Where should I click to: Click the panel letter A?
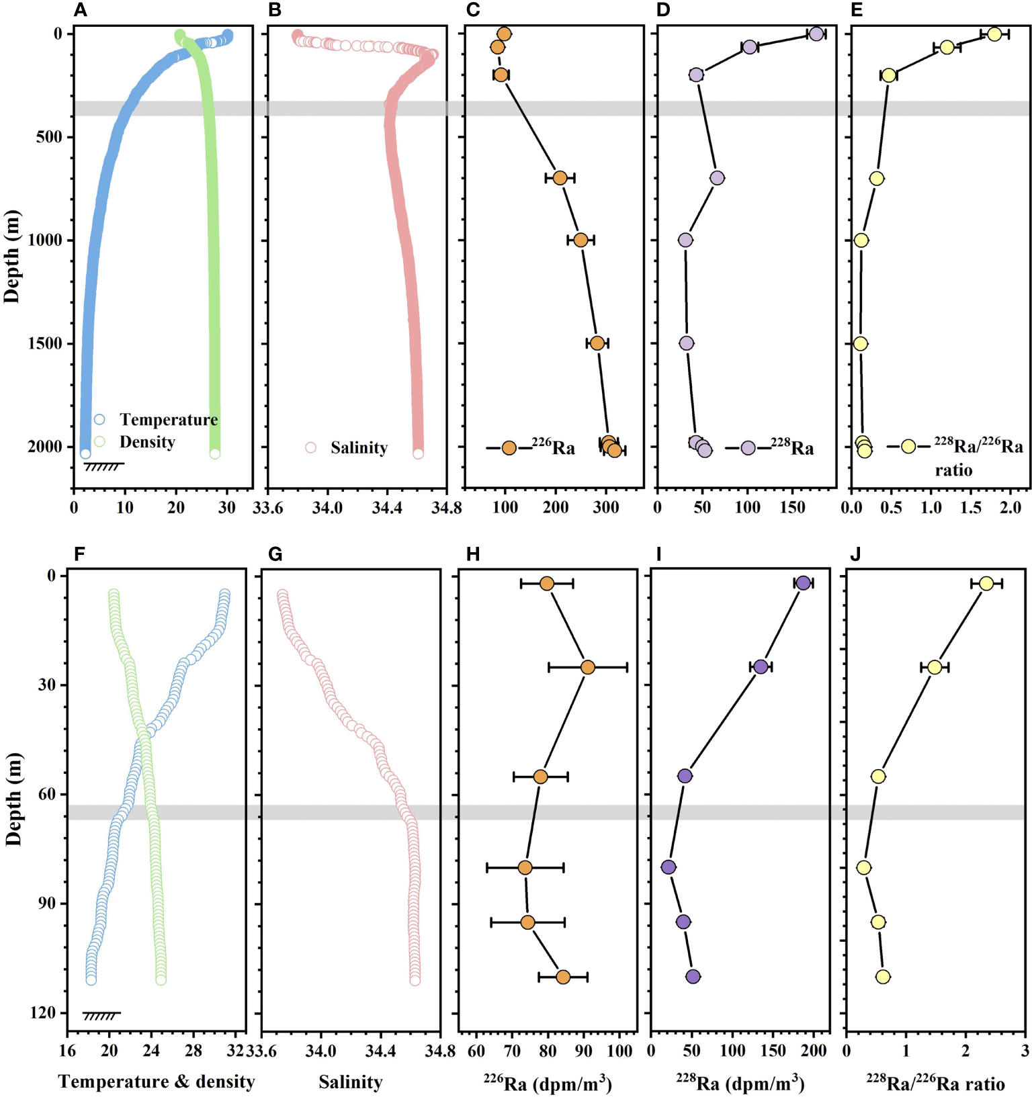(80, 10)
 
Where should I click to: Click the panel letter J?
(855, 554)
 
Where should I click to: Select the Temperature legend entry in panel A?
(168, 420)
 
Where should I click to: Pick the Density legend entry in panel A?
(147, 442)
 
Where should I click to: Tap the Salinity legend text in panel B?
(359, 448)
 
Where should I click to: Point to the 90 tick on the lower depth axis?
(47, 904)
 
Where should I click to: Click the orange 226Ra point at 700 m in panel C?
(560, 178)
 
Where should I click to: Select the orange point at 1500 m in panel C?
(597, 343)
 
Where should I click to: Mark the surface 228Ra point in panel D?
(816, 34)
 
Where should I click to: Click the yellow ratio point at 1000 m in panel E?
(861, 240)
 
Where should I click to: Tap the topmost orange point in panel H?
(547, 584)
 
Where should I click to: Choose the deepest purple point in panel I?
(693, 977)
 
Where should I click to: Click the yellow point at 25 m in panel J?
(935, 667)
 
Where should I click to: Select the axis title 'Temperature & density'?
(157, 1082)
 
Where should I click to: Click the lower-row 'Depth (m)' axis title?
(13, 799)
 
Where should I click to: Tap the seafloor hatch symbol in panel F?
(101, 1016)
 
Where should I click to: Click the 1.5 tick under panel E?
(970, 507)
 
